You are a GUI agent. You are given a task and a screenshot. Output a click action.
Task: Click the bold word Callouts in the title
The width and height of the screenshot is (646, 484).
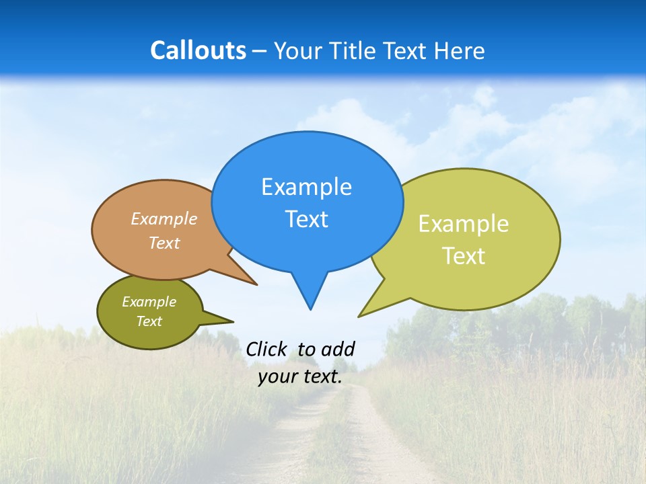coord(198,50)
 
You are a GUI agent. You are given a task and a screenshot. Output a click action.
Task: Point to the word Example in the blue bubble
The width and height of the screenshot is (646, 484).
coord(306,187)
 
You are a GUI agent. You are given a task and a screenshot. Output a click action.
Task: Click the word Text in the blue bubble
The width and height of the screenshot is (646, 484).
coord(306,219)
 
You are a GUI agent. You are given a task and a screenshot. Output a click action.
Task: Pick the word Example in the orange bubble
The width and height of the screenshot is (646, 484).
coord(164,218)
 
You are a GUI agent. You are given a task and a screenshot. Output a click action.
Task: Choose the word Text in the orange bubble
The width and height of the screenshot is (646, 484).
coord(164,243)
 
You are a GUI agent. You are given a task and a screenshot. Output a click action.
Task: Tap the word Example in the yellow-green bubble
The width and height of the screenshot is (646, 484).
coord(464,224)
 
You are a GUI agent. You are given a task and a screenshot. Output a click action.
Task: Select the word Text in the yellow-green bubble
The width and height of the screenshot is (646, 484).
coord(464,256)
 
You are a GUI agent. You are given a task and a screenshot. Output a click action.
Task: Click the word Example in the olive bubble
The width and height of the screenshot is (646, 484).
coord(149,302)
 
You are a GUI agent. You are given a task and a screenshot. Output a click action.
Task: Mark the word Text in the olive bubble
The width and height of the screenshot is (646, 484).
coord(149,321)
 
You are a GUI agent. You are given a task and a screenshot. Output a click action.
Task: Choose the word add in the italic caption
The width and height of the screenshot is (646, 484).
coord(338,350)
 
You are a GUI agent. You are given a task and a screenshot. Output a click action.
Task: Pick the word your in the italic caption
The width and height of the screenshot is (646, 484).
coord(276,376)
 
